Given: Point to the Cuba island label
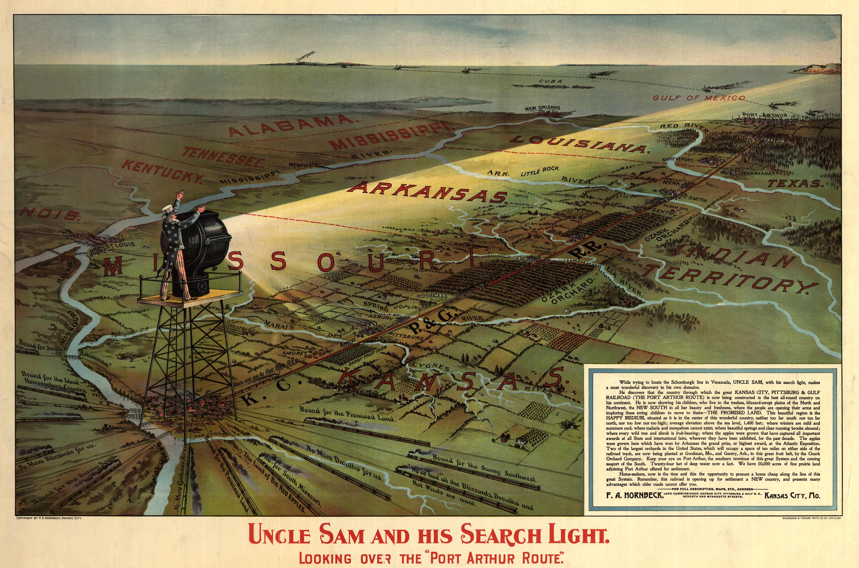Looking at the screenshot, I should [x=550, y=81].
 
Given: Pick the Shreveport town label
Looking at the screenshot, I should [x=678, y=159].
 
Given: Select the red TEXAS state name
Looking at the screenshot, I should [x=794, y=184].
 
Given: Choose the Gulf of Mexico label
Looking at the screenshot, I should [x=699, y=98].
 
